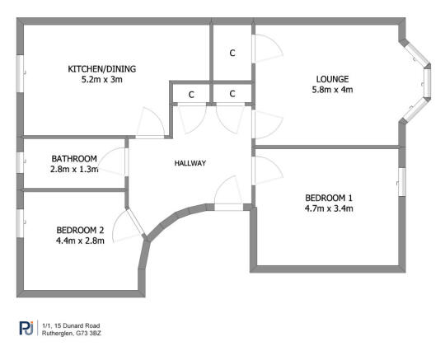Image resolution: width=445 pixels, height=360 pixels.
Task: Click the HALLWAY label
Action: [190, 163]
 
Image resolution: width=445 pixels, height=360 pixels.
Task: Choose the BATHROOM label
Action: [74, 158]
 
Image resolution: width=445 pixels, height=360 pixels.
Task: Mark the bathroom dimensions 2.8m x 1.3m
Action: [74, 170]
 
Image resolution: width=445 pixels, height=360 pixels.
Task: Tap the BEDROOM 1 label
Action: [329, 197]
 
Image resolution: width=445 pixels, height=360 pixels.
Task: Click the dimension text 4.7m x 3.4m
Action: [329, 208]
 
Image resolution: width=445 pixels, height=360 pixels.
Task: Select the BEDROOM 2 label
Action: [80, 230]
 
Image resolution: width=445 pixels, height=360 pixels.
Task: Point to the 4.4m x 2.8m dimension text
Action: [80, 241]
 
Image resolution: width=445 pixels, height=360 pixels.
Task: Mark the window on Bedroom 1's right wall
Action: [403, 180]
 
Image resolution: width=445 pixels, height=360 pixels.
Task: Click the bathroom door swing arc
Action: [115, 161]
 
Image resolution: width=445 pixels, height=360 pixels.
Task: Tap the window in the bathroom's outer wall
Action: [18, 161]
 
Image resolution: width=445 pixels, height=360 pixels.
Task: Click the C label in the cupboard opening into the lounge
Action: [232, 53]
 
